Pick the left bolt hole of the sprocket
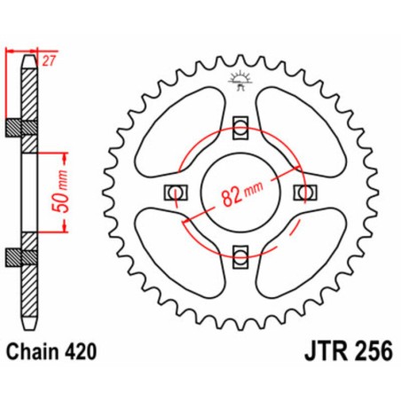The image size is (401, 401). tap(175, 193)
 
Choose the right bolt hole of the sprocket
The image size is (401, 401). tap(306, 193)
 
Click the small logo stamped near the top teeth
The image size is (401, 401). tap(240, 80)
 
